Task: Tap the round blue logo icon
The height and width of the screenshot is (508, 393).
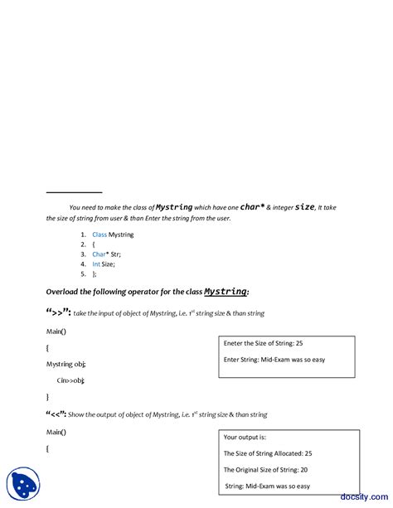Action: click(x=23, y=485)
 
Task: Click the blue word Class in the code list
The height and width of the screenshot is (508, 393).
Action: click(x=99, y=235)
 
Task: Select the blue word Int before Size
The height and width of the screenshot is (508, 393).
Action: click(x=96, y=264)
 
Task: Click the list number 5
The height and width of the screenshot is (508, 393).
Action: click(x=83, y=273)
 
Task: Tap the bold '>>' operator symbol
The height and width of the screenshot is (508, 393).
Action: click(x=59, y=313)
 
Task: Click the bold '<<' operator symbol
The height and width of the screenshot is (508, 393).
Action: click(x=56, y=414)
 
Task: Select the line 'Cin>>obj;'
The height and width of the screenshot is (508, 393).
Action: click(x=70, y=380)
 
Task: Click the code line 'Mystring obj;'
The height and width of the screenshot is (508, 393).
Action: click(x=65, y=364)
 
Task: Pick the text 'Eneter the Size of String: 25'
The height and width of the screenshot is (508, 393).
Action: click(x=263, y=343)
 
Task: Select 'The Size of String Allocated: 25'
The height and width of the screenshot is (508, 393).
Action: click(x=268, y=453)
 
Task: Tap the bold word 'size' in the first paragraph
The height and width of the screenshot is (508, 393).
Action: click(x=304, y=206)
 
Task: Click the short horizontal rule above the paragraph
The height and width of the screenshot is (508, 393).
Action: click(x=74, y=192)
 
